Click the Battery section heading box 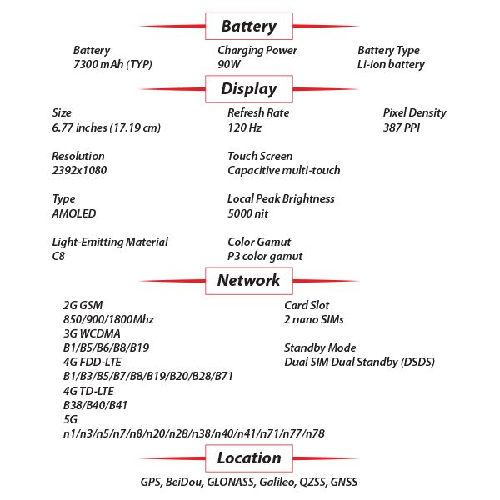[248, 26]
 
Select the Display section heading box [248, 88]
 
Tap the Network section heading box [248, 280]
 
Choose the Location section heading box [248, 457]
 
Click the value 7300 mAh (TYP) [112, 64]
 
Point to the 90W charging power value [230, 64]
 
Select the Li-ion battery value [391, 64]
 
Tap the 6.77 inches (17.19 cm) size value [106, 127]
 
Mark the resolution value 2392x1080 [79, 170]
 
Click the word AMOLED [75, 213]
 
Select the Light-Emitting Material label [110, 242]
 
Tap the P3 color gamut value [265, 256]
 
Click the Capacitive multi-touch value [283, 170]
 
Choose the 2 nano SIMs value [314, 319]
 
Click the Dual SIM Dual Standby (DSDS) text [360, 362]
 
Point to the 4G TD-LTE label [88, 390]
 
